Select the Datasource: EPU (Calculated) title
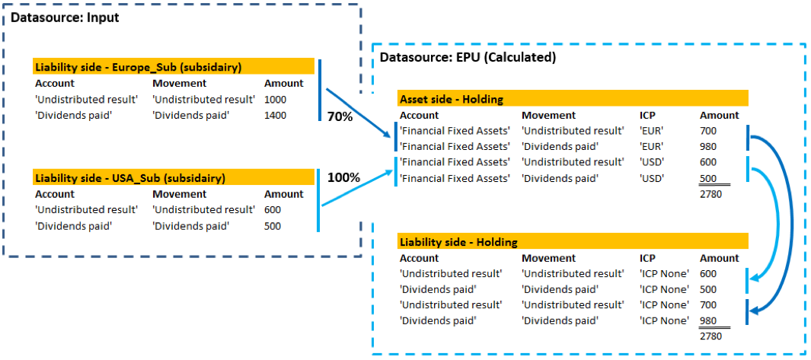pos(468,57)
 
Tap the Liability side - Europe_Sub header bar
pos(174,67)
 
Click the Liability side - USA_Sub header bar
pos(174,177)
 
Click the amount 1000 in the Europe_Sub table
pos(276,100)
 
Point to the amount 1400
pos(276,116)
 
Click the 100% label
pos(343,177)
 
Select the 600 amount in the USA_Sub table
pos(273,210)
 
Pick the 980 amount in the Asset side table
pos(709,146)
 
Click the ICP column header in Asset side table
pos(647,115)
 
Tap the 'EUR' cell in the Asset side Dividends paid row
pos(652,146)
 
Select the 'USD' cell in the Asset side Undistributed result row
pos(652,162)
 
